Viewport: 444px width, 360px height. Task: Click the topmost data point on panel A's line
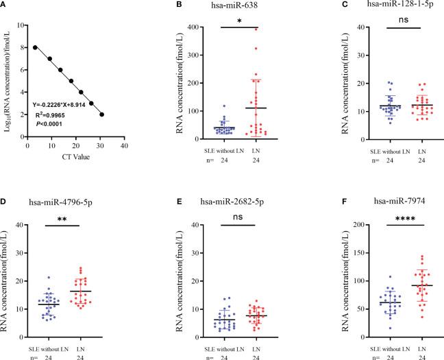(34, 47)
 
